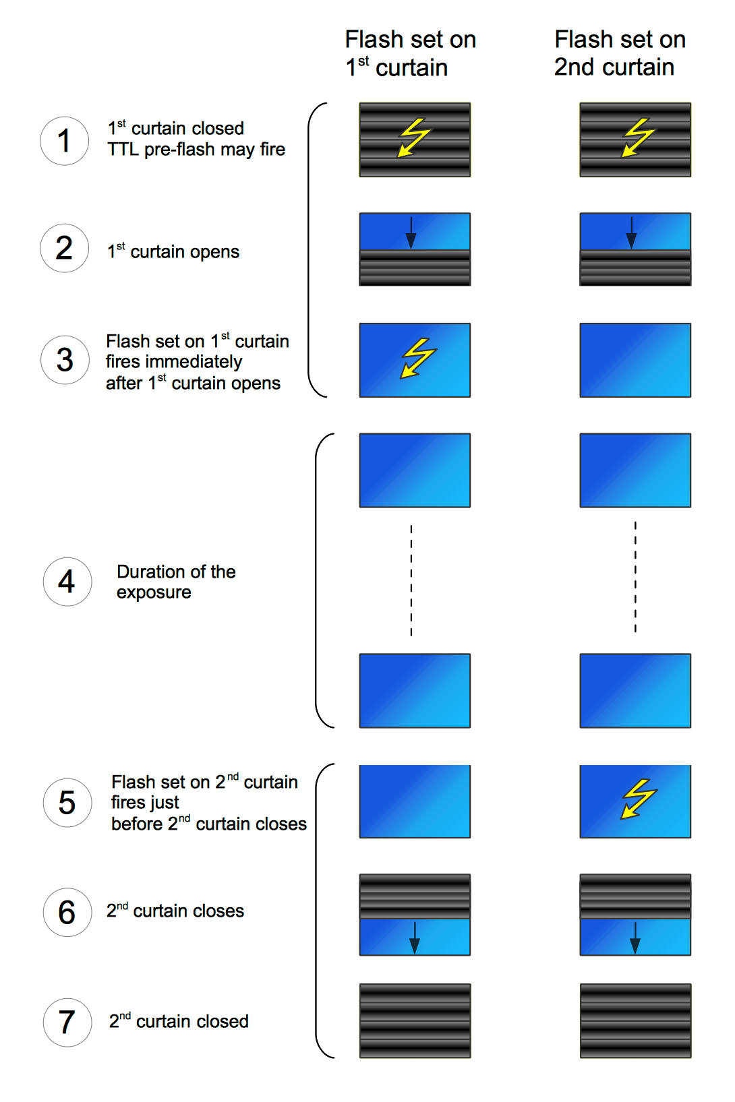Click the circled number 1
pyautogui.click(x=64, y=141)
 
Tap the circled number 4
pyautogui.click(x=67, y=582)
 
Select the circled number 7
pyautogui.click(x=67, y=1022)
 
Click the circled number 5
pyautogui.click(x=67, y=803)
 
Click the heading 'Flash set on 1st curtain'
pyautogui.click(x=410, y=53)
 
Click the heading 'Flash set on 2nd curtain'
pyautogui.click(x=620, y=53)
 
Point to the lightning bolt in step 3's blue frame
pyautogui.click(x=418, y=358)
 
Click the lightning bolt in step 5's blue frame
pyautogui.click(x=638, y=799)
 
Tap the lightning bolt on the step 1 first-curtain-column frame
pyautogui.click(x=413, y=137)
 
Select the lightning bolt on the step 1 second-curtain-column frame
pyautogui.click(x=637, y=137)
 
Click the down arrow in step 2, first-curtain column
pyautogui.click(x=411, y=233)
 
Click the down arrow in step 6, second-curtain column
pyautogui.click(x=635, y=938)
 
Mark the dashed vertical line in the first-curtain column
pyautogui.click(x=411, y=580)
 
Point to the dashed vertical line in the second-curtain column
pyautogui.click(x=635, y=577)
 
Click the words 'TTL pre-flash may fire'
pyautogui.click(x=196, y=150)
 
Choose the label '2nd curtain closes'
pyautogui.click(x=175, y=911)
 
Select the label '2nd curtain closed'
pyautogui.click(x=179, y=1021)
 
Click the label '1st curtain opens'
pyautogui.click(x=173, y=251)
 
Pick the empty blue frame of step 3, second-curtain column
pyautogui.click(x=635, y=360)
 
